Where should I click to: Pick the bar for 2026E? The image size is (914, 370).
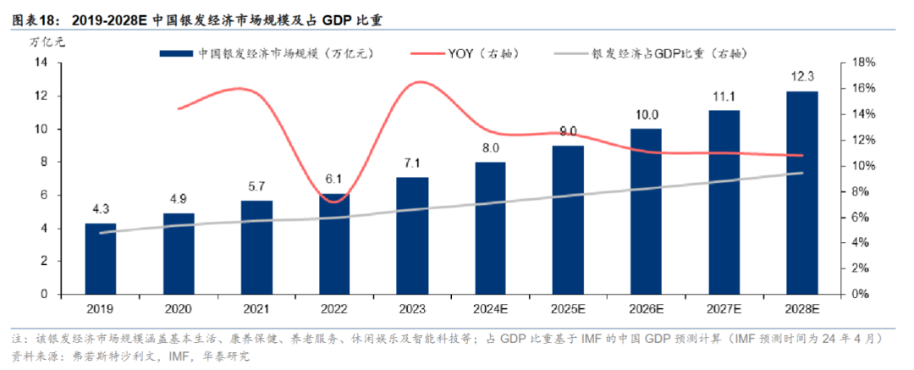click(x=646, y=211)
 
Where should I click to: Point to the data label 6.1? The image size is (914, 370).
click(x=334, y=179)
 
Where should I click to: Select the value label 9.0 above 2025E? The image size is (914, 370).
click(x=568, y=131)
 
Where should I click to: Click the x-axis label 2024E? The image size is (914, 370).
click(x=490, y=309)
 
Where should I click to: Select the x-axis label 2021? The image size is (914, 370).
click(x=256, y=309)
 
